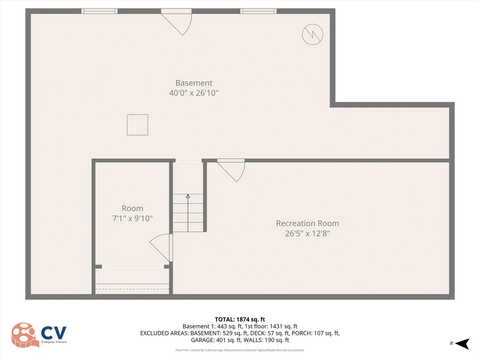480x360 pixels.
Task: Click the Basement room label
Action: pos(194,83)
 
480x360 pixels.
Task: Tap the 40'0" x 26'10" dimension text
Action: pos(194,93)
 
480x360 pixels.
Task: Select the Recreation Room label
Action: pos(307,224)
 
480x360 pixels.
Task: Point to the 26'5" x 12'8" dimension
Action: pos(307,233)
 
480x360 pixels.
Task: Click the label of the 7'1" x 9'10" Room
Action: pos(132,209)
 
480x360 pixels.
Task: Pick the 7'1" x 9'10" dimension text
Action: pos(132,218)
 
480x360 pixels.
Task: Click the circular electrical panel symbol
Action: pos(313,34)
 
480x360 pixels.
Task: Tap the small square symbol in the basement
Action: pos(137,125)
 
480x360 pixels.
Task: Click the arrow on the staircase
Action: pos(188,197)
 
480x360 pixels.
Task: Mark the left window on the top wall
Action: pos(99,11)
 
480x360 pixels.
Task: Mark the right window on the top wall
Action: pos(258,11)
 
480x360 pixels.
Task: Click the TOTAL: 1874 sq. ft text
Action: pos(240,319)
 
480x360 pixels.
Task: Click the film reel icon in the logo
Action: pos(24,335)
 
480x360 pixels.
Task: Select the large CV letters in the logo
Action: pos(54,333)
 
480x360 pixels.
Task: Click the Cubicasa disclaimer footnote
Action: pos(240,350)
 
